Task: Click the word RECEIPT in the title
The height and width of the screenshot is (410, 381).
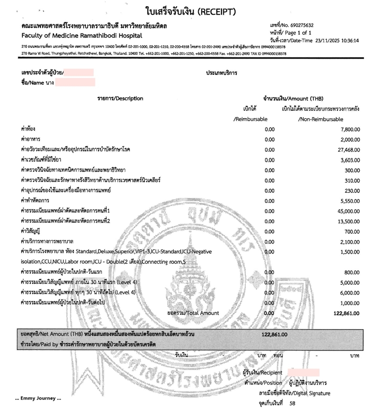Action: coord(212,11)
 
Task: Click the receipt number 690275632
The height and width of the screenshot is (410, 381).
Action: coord(304,25)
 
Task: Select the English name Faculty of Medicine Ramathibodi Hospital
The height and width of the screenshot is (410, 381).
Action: coord(81,36)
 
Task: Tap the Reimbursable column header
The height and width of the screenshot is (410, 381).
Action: coord(251,119)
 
